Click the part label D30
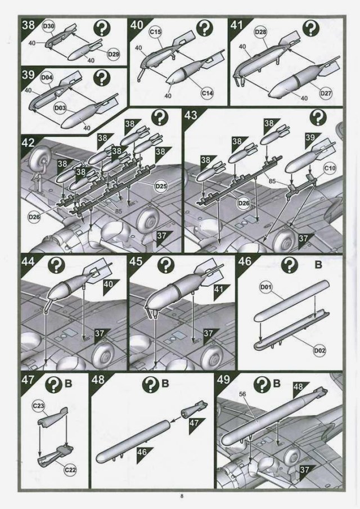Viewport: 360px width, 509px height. point(49,28)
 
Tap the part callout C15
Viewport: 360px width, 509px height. point(156,33)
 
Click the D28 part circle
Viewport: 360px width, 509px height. point(260,33)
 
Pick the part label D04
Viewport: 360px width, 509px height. point(47,78)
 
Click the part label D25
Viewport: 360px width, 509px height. point(161,184)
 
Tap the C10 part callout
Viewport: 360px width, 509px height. point(329,168)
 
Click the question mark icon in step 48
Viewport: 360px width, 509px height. point(149,385)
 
